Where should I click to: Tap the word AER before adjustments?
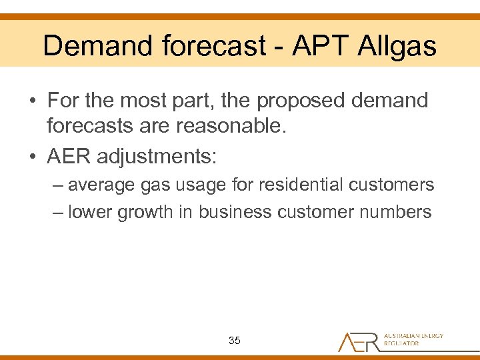pos(69,157)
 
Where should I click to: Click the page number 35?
pos(234,341)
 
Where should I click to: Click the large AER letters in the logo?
pos(359,341)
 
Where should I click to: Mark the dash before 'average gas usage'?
pos(58,185)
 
